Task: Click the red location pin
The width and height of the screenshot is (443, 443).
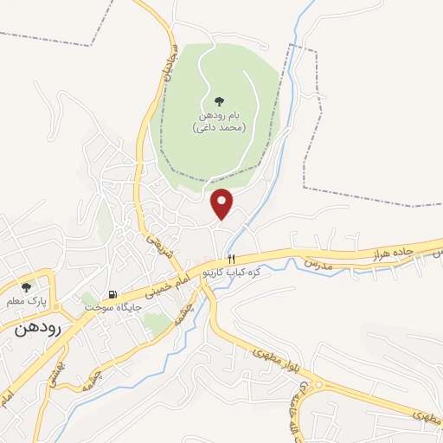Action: (223, 202)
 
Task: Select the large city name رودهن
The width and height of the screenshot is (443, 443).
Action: (32, 328)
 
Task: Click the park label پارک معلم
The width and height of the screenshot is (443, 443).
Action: (26, 300)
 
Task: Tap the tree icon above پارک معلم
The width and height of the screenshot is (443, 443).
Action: (26, 286)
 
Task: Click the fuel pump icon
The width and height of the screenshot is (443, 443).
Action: (111, 294)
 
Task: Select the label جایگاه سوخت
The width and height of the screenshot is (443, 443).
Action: (103, 306)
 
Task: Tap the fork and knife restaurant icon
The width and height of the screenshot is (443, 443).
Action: (231, 259)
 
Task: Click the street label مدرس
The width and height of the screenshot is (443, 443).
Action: (318, 261)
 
